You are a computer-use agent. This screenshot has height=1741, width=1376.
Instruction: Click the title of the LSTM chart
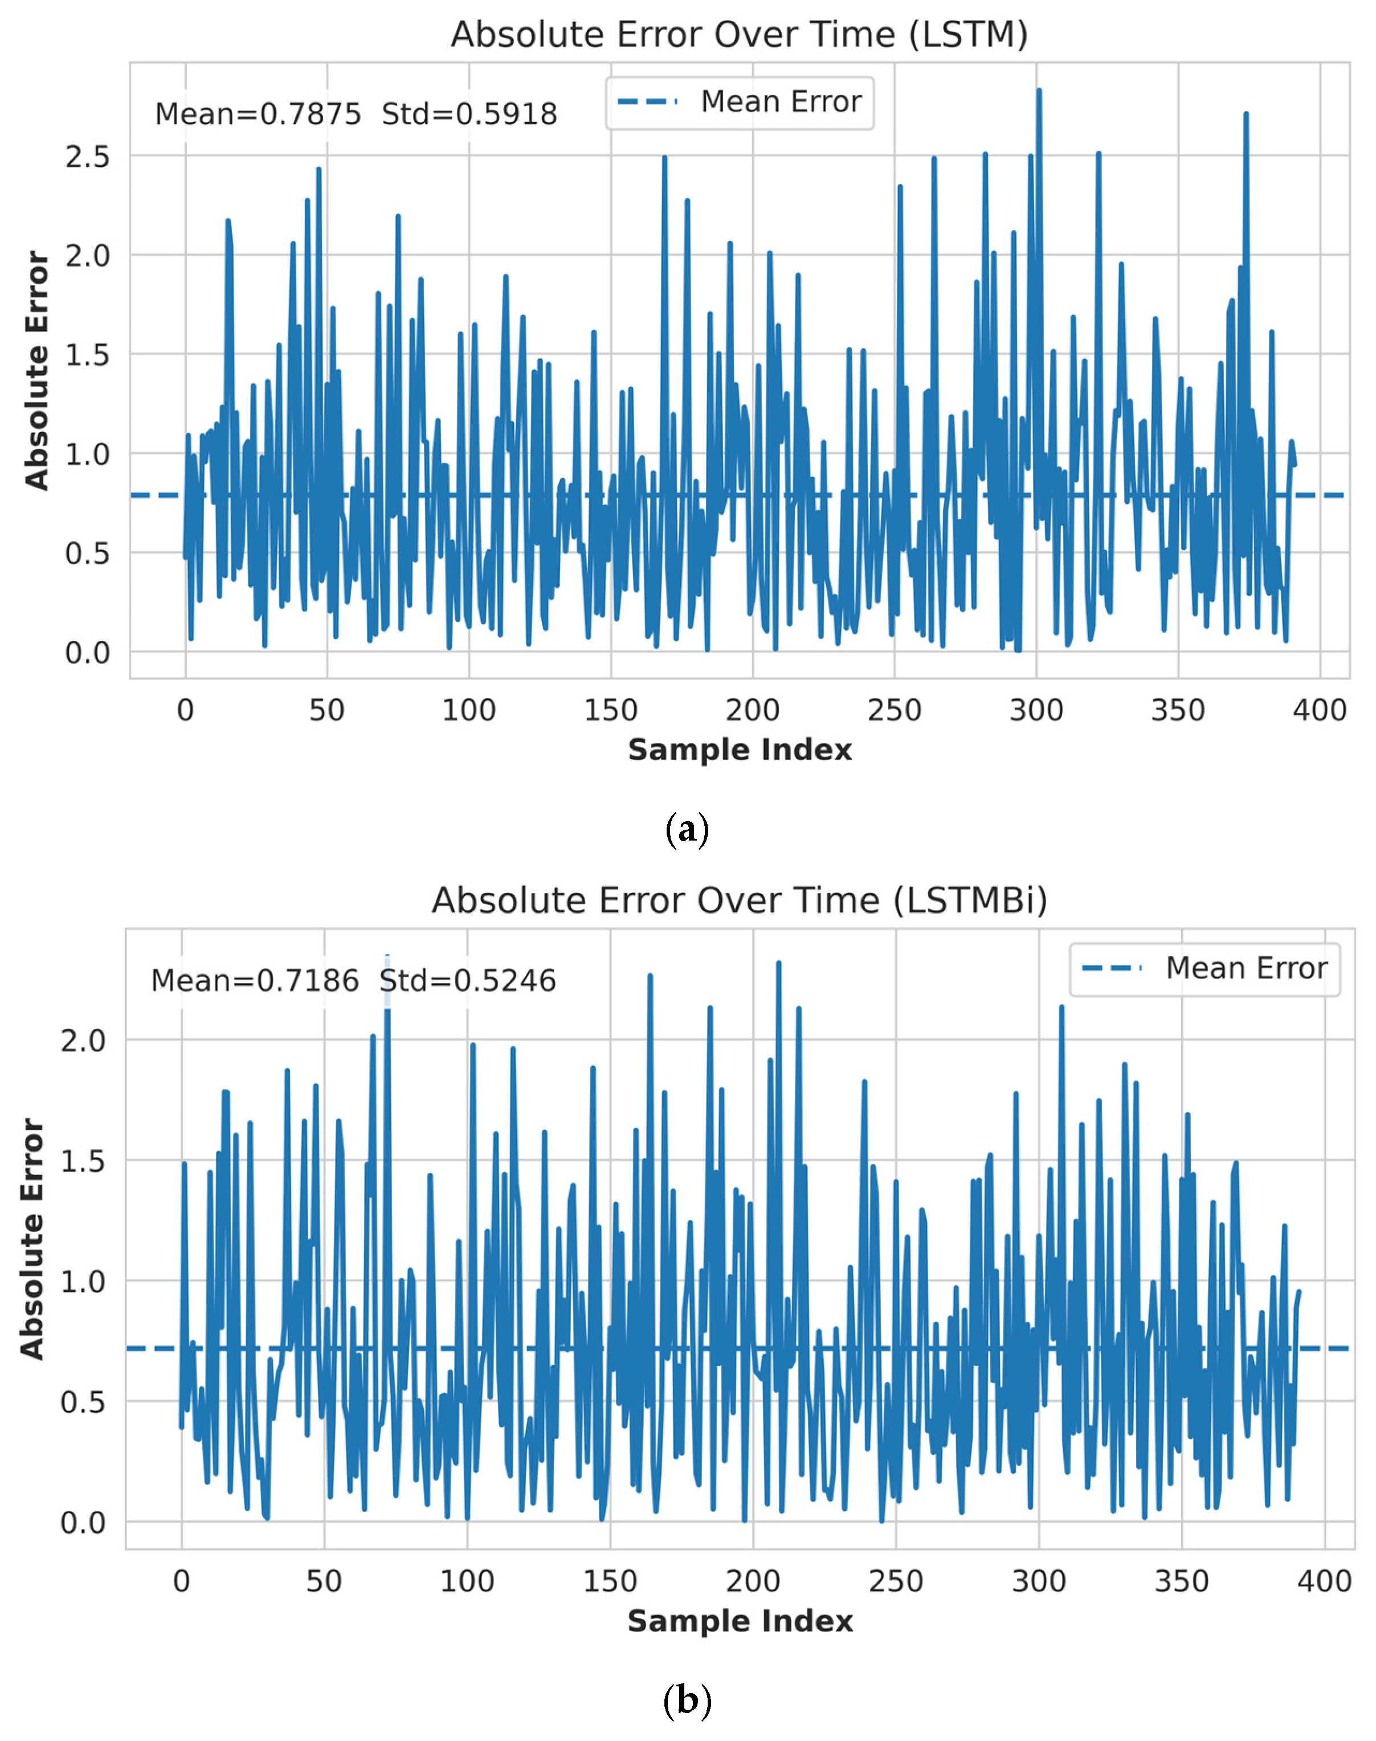coord(739,35)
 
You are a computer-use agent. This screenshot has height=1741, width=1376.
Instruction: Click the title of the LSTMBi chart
coord(740,900)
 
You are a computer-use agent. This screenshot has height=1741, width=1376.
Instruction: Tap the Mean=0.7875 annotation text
coord(258,115)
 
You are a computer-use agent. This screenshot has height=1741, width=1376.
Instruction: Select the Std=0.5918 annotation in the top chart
coord(469,115)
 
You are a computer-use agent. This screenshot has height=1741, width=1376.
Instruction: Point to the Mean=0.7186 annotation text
coord(255,980)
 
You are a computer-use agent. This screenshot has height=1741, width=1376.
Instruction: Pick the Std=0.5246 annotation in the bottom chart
coord(468,980)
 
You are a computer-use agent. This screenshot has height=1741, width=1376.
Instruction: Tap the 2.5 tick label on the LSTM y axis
coord(87,156)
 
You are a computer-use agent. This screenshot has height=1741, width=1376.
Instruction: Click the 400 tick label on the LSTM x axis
coord(1320,710)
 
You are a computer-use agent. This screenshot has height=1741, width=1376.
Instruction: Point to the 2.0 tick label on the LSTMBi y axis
coord(83,1041)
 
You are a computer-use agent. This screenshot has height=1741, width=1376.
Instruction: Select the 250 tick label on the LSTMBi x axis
coord(896,1581)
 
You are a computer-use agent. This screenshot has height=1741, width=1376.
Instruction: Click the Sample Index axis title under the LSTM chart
coord(740,750)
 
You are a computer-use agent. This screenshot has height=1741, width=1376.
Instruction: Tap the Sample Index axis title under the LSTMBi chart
coord(740,1621)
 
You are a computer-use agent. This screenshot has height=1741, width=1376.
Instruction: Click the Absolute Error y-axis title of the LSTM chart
coord(36,370)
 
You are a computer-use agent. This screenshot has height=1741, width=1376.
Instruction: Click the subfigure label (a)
coord(687,829)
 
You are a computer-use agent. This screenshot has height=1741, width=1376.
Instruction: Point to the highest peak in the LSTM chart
coord(1039,89)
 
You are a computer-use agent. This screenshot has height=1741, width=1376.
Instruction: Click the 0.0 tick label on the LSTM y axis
coord(87,653)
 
